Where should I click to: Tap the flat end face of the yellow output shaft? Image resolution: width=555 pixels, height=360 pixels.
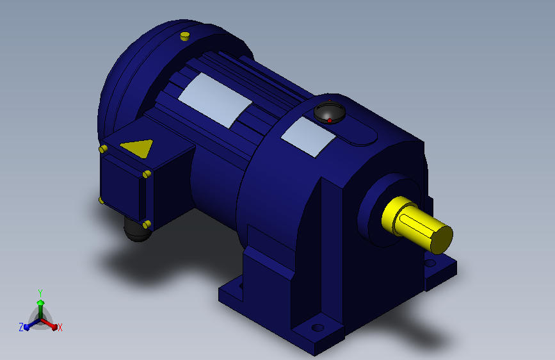tap(442, 240)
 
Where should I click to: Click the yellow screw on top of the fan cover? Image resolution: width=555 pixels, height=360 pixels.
tap(185, 36)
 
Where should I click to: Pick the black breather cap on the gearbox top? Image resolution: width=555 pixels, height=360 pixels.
tap(330, 112)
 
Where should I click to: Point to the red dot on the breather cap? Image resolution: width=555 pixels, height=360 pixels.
tap(330, 121)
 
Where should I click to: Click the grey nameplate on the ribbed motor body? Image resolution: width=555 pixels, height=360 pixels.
tap(215, 101)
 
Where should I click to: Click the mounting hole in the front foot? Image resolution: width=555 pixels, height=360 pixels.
tap(318, 328)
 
